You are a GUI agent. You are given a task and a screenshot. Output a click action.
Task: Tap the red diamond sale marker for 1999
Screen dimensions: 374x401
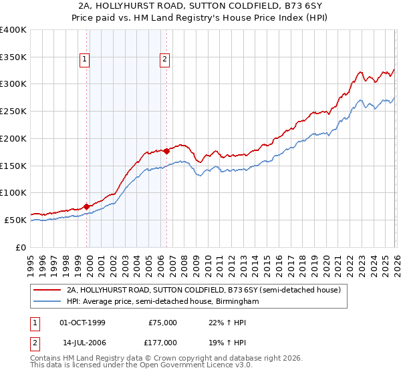87,206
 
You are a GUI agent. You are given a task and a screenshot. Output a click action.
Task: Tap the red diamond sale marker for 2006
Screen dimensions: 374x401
166,151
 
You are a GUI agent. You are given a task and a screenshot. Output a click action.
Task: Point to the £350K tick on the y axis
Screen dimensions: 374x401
13,57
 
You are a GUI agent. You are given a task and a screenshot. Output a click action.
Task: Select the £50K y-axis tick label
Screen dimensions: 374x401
15,220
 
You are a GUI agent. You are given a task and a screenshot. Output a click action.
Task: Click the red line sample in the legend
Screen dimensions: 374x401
47,290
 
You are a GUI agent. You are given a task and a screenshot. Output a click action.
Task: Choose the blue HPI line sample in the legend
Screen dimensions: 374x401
47,302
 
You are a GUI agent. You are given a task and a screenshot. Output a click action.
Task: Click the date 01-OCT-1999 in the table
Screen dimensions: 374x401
82,323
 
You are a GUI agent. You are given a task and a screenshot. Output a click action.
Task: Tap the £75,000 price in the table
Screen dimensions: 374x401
163,323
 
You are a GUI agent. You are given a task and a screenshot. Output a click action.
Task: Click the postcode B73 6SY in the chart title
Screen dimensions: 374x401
299,7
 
